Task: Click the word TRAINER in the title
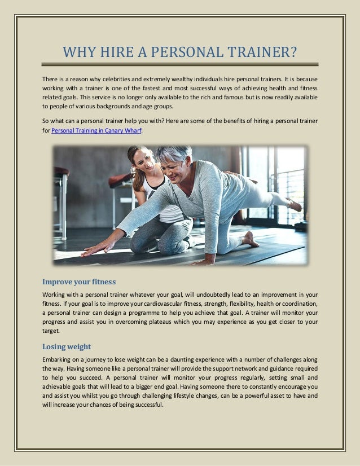coord(263,53)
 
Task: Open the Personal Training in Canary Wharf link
coord(96,130)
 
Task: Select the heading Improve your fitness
coord(80,282)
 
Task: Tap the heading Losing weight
coord(67,346)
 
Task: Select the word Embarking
coord(59,359)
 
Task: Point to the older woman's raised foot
coord(294,205)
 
